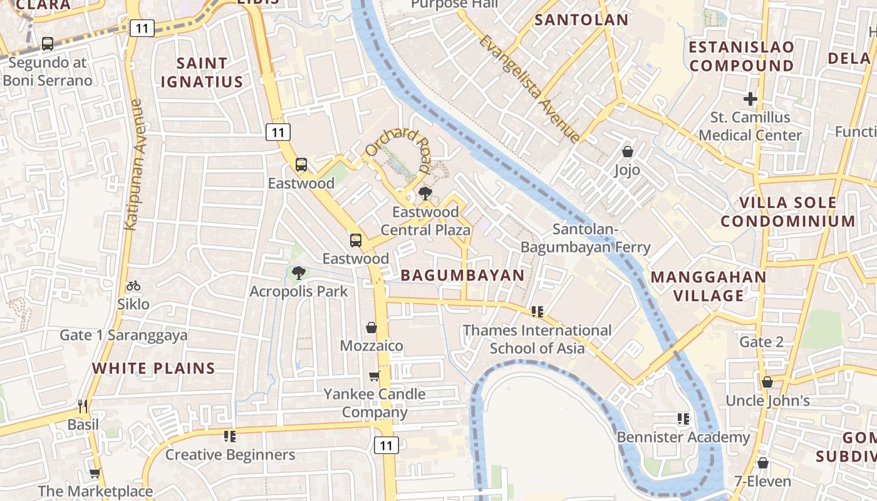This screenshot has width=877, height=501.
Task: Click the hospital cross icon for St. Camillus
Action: point(750,99)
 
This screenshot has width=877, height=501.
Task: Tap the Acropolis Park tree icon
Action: point(299,273)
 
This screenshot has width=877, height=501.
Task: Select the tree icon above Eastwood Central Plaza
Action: point(425,193)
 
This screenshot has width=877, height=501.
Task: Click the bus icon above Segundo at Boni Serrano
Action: point(48,44)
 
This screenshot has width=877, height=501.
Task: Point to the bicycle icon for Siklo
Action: point(133,286)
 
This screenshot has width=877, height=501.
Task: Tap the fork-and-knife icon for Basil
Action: point(83,406)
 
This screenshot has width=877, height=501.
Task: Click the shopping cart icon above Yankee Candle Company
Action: point(374,376)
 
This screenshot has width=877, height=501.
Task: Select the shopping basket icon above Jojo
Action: point(627,152)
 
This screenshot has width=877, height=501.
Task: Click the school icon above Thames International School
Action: point(537,311)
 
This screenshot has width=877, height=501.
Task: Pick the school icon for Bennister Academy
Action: point(683,419)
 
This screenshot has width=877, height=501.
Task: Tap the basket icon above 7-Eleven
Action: point(762,463)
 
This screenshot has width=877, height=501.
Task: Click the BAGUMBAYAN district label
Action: point(462,276)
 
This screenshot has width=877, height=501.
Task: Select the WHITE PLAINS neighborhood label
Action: point(153,368)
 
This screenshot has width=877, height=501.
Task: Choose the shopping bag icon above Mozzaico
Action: point(371,328)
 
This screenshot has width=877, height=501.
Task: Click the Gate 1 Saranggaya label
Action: point(123,335)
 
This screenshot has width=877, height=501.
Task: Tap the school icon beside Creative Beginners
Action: point(230,436)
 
